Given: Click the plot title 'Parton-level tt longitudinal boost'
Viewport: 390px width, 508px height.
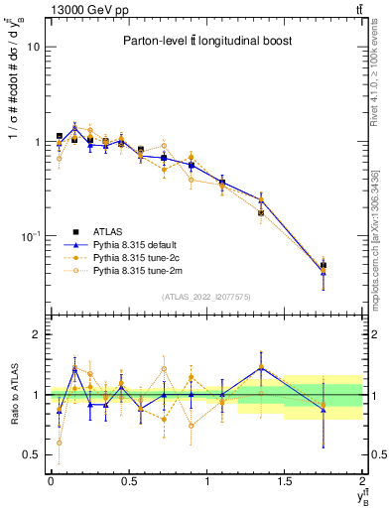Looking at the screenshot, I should (203, 41).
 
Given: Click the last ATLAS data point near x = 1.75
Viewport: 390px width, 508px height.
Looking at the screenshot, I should (324, 266).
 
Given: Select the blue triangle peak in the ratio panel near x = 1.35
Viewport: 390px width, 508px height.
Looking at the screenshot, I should (261, 367).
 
